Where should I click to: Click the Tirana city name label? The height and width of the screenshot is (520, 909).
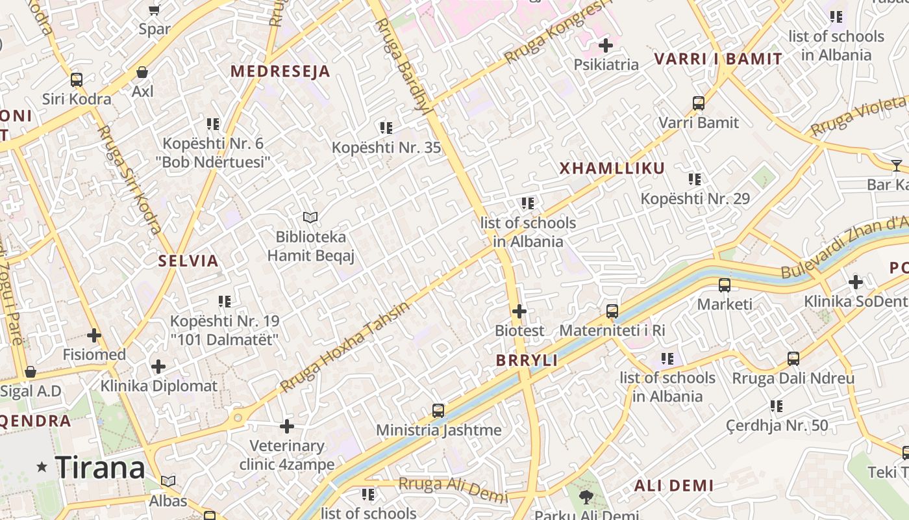click(x=100, y=467)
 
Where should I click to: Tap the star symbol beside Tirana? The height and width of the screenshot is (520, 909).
click(x=42, y=467)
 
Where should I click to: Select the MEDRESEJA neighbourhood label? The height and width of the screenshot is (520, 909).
click(x=280, y=71)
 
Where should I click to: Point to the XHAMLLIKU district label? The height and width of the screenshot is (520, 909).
click(x=612, y=168)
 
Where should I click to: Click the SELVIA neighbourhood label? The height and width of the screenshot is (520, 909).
click(x=188, y=261)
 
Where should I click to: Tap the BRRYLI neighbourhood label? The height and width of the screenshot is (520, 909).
click(x=527, y=361)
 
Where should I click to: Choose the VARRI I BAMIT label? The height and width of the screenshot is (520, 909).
click(x=718, y=59)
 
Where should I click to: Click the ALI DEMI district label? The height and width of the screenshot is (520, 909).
click(x=674, y=486)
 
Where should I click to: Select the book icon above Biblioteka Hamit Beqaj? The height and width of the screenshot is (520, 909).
click(x=311, y=218)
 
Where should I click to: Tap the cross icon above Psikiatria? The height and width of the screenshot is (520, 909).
click(x=606, y=45)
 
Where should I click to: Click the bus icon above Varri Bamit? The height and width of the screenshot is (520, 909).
click(x=699, y=103)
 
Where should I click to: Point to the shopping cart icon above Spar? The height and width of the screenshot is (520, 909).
click(x=155, y=10)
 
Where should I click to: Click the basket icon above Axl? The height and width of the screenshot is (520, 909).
click(x=142, y=72)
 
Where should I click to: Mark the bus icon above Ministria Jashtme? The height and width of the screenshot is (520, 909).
click(x=438, y=411)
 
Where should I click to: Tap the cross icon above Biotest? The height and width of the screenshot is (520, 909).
click(x=519, y=311)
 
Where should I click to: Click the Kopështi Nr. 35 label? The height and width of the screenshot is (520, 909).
click(x=386, y=148)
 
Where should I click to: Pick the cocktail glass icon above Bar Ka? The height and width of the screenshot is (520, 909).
click(x=897, y=165)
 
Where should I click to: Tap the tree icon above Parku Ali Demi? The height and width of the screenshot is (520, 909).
click(x=586, y=497)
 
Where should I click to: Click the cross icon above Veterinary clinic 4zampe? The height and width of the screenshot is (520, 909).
click(x=287, y=426)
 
